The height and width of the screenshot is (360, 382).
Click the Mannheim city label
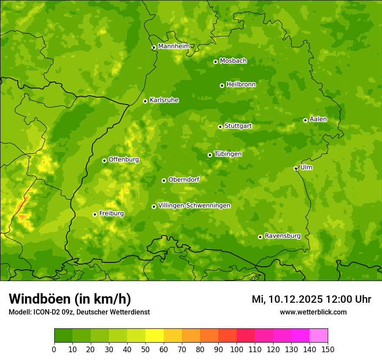(x=174, y=46)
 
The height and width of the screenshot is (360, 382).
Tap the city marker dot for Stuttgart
(x=220, y=127)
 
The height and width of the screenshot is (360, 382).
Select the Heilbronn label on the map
(x=241, y=85)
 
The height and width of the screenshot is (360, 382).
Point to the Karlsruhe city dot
(x=145, y=101)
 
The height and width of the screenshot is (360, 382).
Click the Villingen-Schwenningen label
(x=194, y=206)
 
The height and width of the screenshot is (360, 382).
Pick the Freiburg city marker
(x=95, y=214)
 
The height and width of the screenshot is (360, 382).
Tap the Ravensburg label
(x=283, y=236)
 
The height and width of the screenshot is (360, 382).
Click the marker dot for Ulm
(x=296, y=168)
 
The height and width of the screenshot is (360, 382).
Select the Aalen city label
(x=318, y=119)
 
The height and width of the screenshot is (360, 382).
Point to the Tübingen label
(x=228, y=154)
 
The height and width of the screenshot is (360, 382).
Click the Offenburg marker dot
(x=104, y=160)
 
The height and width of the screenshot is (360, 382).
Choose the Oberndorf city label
(x=184, y=180)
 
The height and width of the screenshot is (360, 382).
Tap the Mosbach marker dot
(x=215, y=62)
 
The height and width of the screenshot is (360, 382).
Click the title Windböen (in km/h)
(x=70, y=299)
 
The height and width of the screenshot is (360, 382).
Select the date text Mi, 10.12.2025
(x=287, y=299)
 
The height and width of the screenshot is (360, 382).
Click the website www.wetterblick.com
(x=313, y=312)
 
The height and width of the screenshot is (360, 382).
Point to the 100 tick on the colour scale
(x=237, y=349)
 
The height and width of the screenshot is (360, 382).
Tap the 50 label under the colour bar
(x=145, y=349)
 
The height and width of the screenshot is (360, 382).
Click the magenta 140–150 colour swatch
(x=318, y=336)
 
